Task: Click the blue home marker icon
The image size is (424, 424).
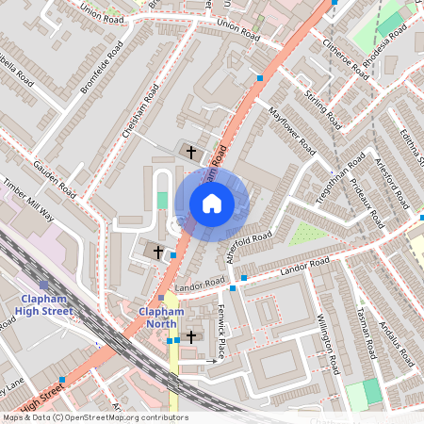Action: (212, 204)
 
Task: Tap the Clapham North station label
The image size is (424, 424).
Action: (159, 318)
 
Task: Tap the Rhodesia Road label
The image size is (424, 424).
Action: (385, 39)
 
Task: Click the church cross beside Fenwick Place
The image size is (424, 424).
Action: (192, 336)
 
